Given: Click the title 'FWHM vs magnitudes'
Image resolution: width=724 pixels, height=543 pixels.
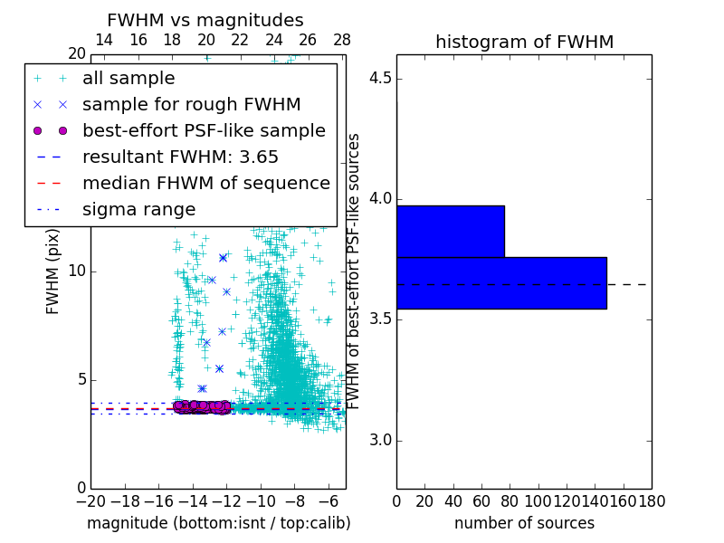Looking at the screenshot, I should [x=205, y=20].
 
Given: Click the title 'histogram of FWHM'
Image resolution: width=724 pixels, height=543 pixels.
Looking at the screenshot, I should [x=524, y=42].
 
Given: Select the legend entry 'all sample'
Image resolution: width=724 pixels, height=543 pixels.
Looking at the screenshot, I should [x=129, y=79].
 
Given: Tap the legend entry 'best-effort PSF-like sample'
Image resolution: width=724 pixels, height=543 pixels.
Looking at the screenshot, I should [x=204, y=130].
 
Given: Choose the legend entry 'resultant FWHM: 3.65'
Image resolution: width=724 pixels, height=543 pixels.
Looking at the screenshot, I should [x=180, y=157].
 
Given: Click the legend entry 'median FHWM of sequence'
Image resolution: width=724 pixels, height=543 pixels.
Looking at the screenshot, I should [x=205, y=183].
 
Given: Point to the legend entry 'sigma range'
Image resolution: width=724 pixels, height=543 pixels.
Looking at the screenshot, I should [x=138, y=209].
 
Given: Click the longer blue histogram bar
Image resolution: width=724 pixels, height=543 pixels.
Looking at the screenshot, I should [x=501, y=283].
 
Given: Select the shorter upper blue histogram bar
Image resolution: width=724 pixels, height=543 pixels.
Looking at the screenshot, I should [x=450, y=232].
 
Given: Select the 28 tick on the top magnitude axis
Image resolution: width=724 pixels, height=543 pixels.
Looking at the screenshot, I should [x=342, y=40].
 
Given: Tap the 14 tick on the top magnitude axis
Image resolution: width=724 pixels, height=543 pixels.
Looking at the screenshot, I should [x=104, y=40].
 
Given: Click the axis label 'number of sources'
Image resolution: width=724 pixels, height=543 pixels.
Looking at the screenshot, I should [x=524, y=523].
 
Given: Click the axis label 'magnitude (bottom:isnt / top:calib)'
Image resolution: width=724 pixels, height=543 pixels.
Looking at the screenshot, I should [x=218, y=523].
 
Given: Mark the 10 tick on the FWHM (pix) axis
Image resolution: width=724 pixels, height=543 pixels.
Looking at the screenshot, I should [x=78, y=271].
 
